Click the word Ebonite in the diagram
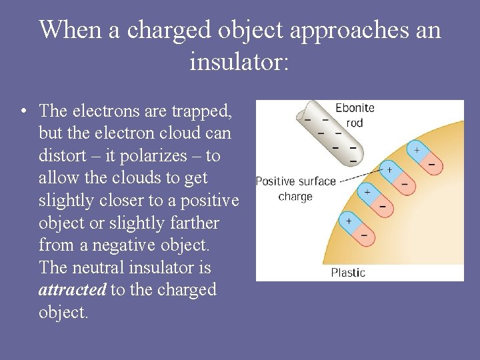tap(355, 108)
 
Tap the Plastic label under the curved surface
tap(348, 273)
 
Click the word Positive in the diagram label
tap(275, 181)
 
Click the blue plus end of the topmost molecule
tap(416, 151)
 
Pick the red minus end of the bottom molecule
tap(363, 233)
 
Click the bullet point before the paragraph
tap(24, 109)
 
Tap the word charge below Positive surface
tap(295, 196)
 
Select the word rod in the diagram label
tap(355, 123)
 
